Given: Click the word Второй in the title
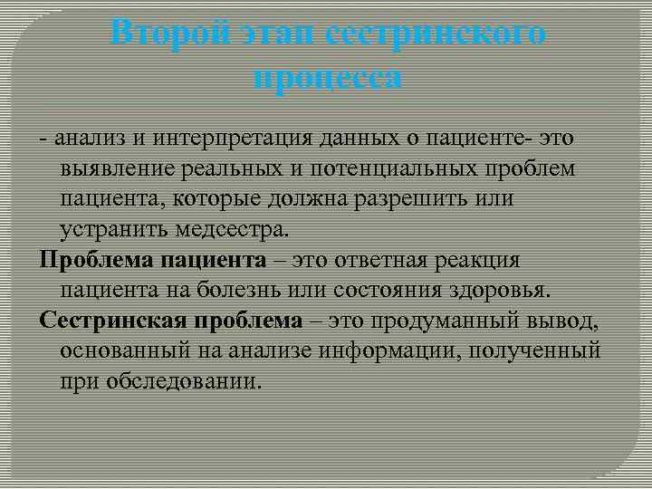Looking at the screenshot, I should click(169, 35).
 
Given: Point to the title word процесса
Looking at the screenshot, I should click(327, 77).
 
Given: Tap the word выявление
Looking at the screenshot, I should click(114, 168).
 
